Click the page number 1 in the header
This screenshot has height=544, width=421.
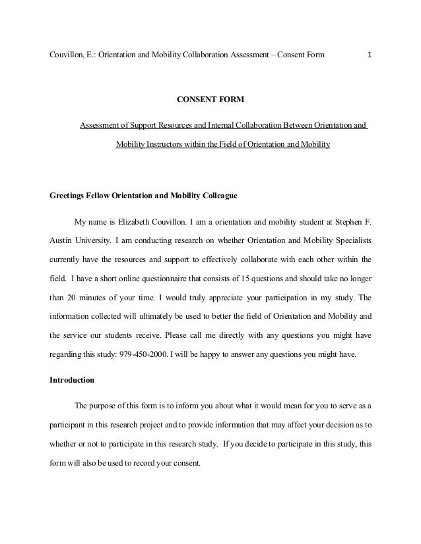click(370, 54)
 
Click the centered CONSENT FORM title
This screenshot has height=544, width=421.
click(210, 100)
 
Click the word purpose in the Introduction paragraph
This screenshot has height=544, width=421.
click(107, 406)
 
